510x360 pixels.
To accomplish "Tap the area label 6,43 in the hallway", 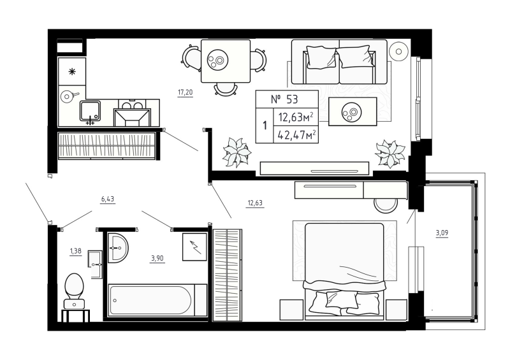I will [108, 199].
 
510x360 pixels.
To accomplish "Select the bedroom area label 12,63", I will [255, 204].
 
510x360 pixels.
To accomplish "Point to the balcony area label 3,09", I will [442, 233].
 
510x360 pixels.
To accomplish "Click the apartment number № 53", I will [284, 99].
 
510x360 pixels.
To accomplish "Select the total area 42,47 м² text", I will [294, 134].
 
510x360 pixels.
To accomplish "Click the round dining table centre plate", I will [218, 61].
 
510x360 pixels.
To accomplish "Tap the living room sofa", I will [338, 62].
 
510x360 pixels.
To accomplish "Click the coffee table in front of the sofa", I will [352, 112].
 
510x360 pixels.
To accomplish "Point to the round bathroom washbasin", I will [117, 247].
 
